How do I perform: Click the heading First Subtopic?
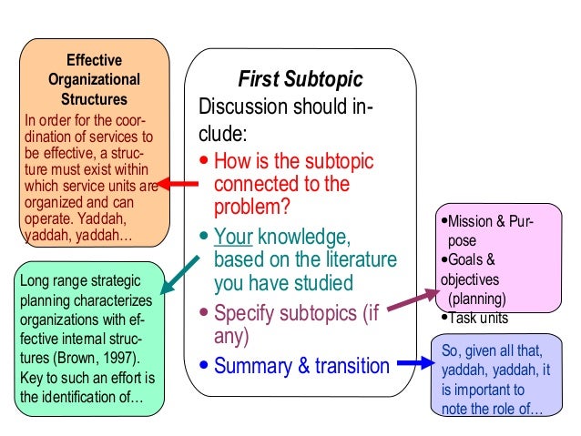click(x=300, y=79)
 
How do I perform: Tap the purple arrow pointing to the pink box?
click(x=405, y=301)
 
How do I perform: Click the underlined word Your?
click(x=232, y=238)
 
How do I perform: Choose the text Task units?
click(x=477, y=319)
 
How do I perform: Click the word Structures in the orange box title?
click(x=93, y=98)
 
